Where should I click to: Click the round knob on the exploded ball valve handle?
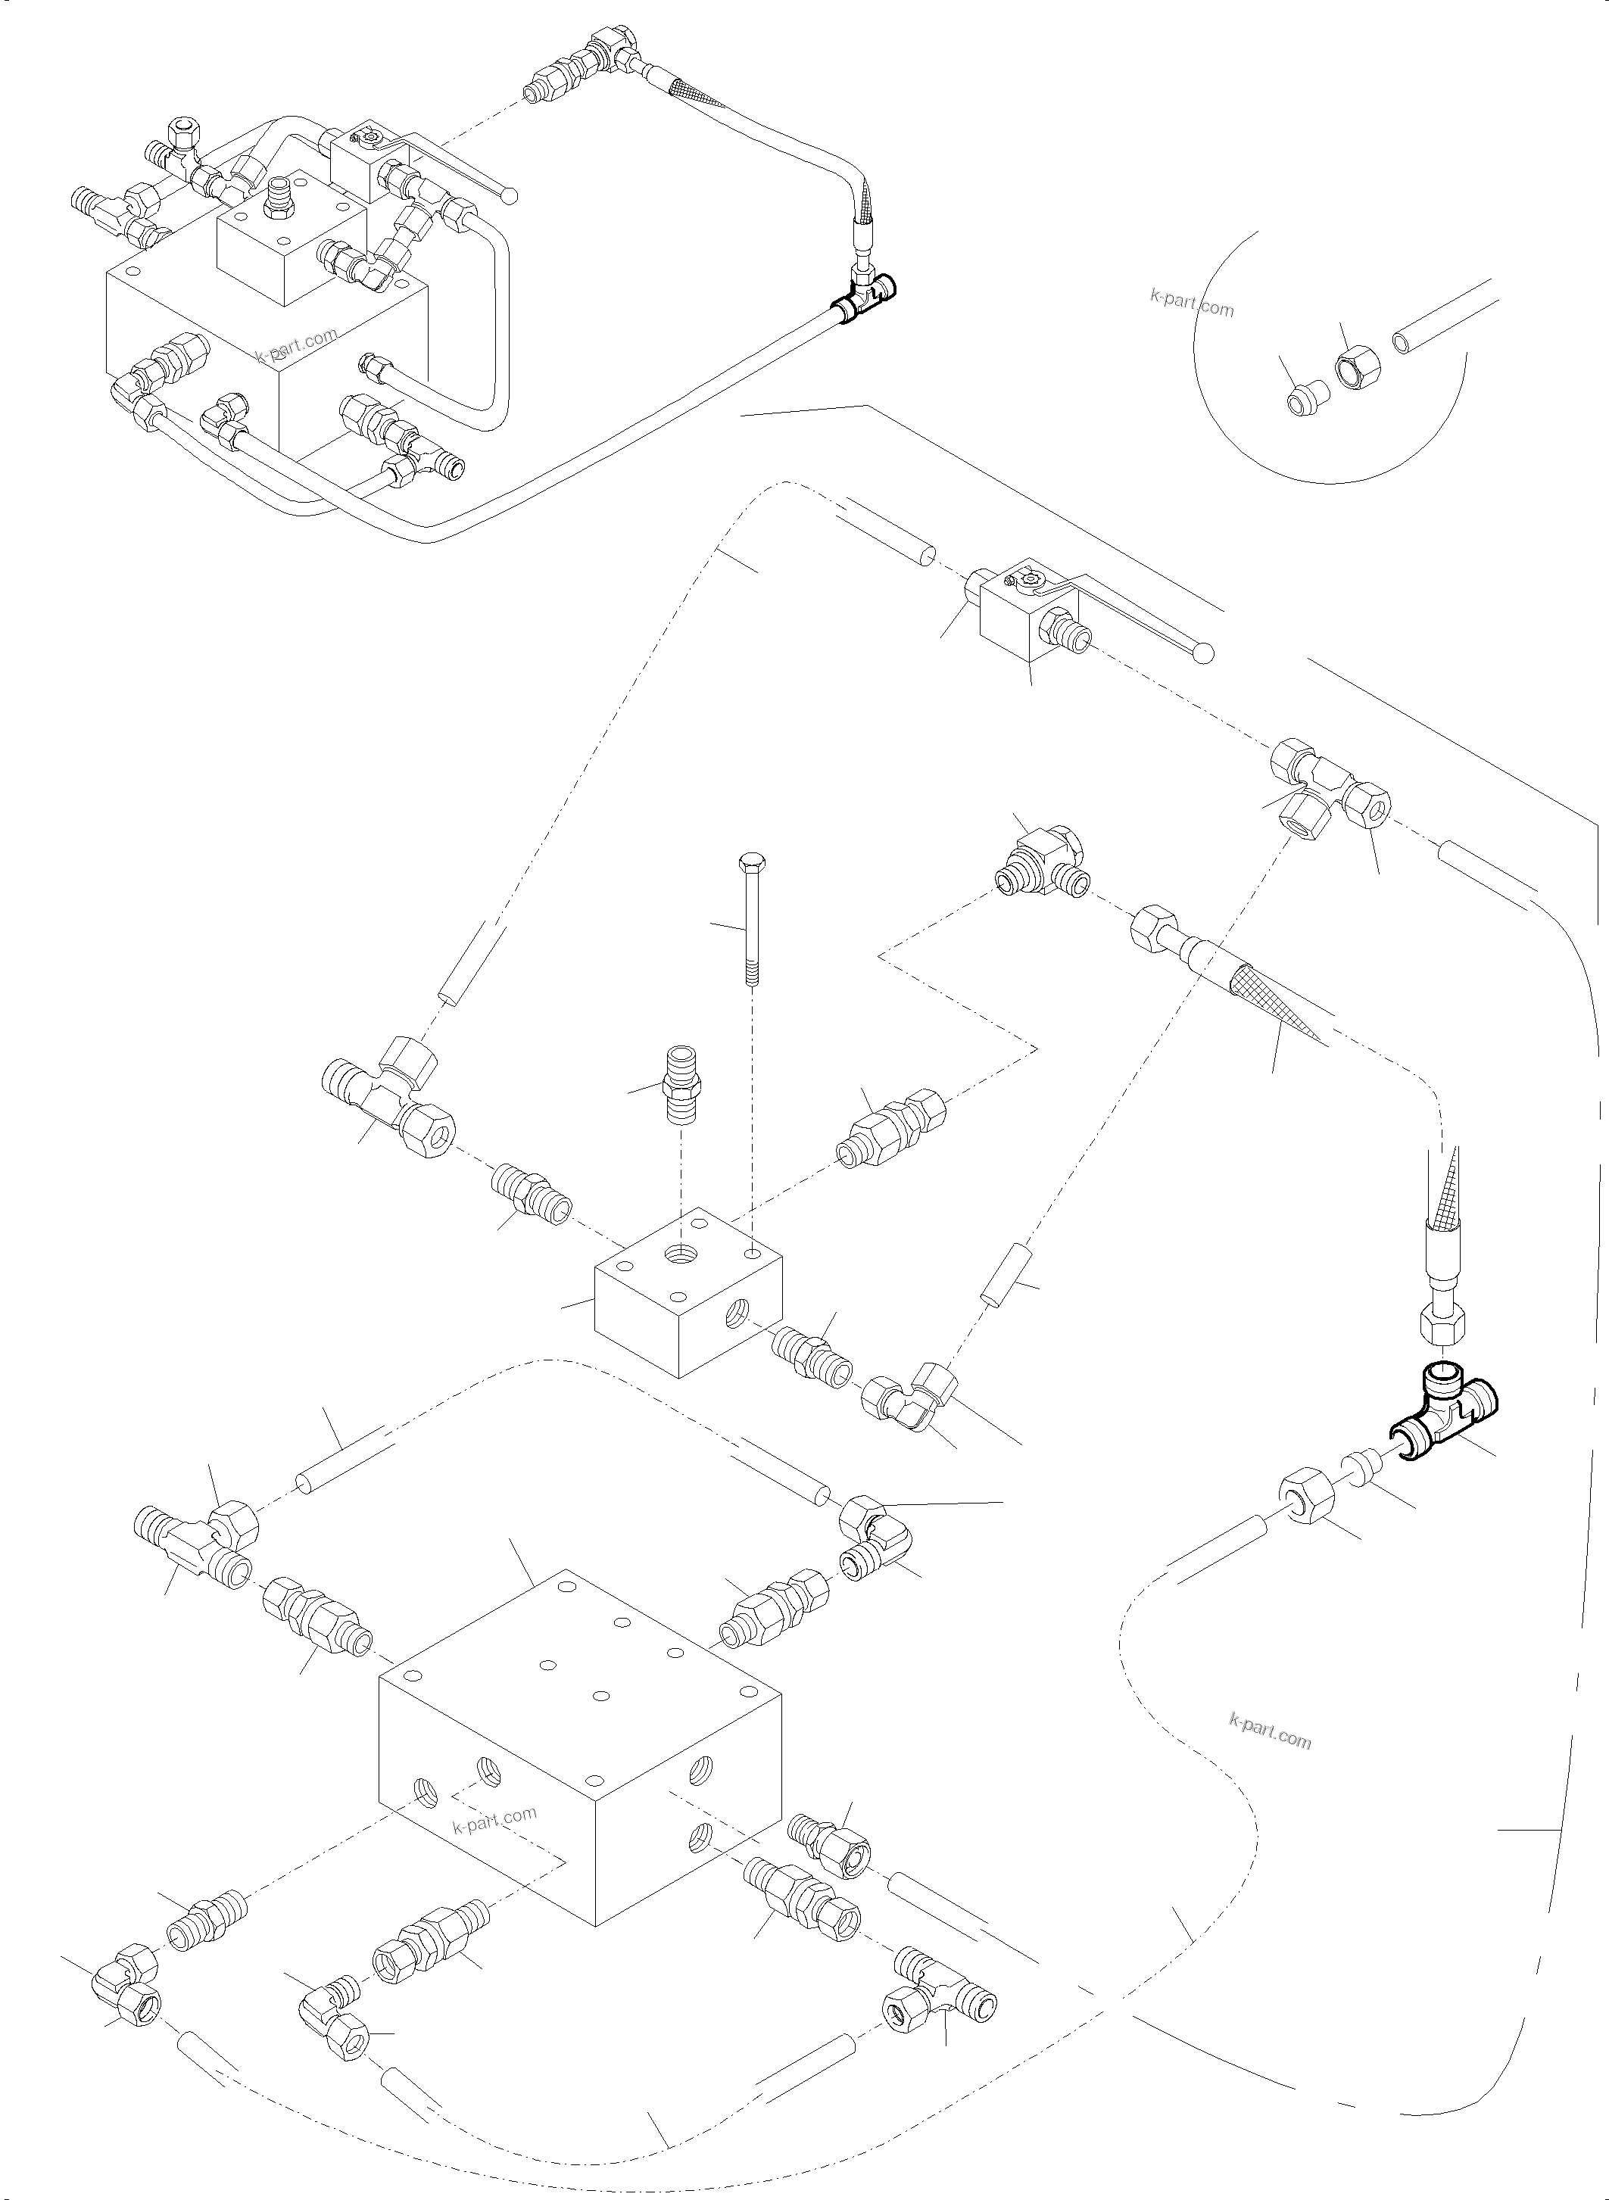1205,653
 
